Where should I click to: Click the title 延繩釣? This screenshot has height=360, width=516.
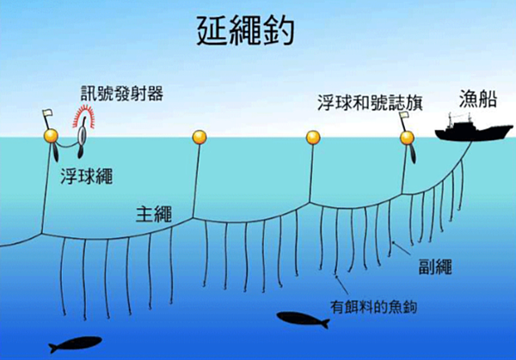point(245,31)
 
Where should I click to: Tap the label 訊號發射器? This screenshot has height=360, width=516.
point(122,94)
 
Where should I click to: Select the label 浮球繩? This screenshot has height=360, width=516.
point(87,176)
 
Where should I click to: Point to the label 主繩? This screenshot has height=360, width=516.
point(154,214)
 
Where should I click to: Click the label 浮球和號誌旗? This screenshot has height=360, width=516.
point(370,102)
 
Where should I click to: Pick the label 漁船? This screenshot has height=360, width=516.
point(478,99)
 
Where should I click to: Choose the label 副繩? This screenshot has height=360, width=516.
point(435,266)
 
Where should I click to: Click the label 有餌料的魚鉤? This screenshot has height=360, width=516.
point(373,307)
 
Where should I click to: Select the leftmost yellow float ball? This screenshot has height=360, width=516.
point(51,136)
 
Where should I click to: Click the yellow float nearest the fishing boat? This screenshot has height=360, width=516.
point(407,137)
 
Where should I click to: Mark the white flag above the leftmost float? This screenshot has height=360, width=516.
point(47,113)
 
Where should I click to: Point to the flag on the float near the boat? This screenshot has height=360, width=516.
point(403,115)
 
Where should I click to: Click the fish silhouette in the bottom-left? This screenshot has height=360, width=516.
point(75,344)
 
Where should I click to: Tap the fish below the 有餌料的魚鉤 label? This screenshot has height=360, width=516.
point(303,320)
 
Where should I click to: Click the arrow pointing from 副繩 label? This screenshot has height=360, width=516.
point(401,248)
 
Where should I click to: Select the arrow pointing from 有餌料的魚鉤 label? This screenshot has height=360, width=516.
point(341,285)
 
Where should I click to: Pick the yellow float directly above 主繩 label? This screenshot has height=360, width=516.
point(200,137)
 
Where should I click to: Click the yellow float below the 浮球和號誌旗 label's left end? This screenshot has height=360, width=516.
point(313,137)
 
